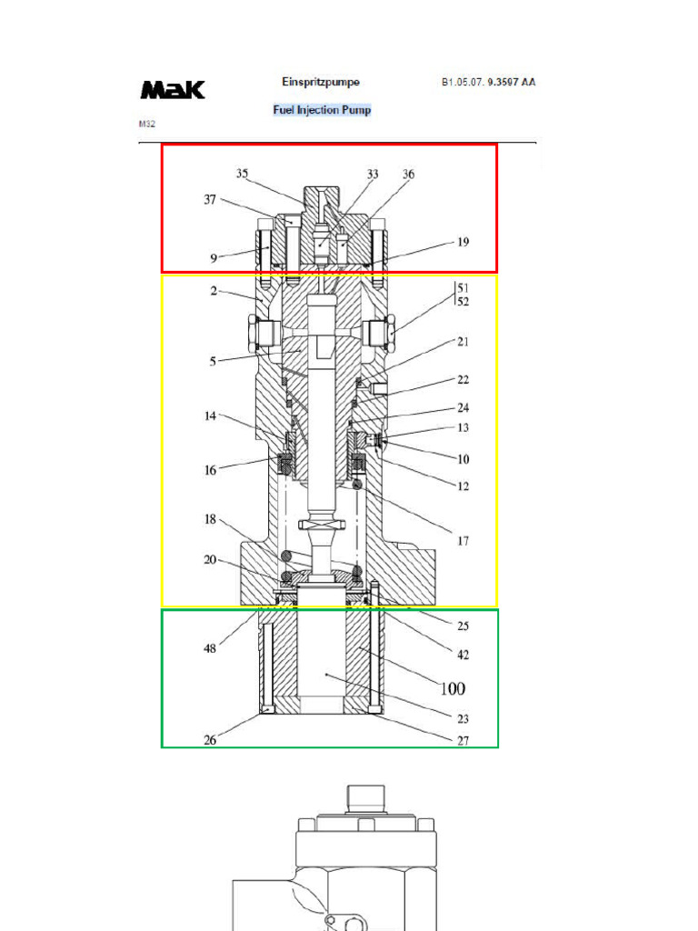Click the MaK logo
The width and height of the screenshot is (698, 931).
click(x=173, y=90)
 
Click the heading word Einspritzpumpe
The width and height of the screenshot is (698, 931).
click(x=320, y=82)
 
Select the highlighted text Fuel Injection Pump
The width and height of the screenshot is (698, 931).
click(x=322, y=110)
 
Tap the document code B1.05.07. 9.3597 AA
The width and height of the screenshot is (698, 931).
click(x=488, y=82)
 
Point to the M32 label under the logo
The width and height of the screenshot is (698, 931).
click(x=146, y=122)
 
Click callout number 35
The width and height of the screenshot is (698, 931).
click(x=243, y=173)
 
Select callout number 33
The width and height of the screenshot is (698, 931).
click(x=373, y=173)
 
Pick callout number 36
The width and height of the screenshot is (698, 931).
click(x=408, y=173)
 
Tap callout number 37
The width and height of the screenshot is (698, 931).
click(x=210, y=199)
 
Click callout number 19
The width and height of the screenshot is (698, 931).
click(x=463, y=242)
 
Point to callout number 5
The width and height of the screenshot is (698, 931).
click(x=214, y=361)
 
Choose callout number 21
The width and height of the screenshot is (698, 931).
click(x=463, y=342)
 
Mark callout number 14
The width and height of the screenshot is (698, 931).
click(x=210, y=415)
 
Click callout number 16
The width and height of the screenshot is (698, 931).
click(x=210, y=470)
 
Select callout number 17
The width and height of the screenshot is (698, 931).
click(x=463, y=541)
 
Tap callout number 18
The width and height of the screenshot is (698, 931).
click(x=210, y=519)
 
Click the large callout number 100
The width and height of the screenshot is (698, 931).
click(x=453, y=689)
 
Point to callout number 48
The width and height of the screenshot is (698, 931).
click(x=210, y=649)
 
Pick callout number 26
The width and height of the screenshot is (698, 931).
click(x=210, y=740)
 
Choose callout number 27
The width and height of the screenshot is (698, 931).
click(x=463, y=741)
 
